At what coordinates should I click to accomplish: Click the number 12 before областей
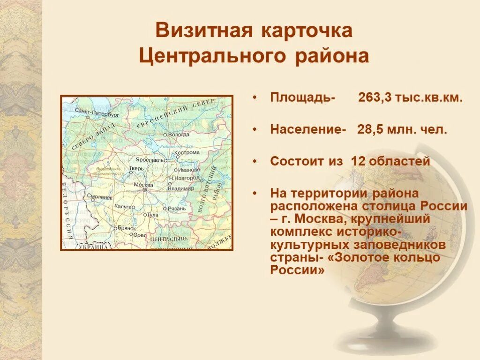click(x=358, y=162)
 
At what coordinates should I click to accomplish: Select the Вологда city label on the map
click(x=179, y=134)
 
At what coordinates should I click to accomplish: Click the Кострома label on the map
click(x=187, y=152)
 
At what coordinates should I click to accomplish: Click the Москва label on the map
click(x=143, y=184)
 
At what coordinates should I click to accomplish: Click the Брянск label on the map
click(x=126, y=228)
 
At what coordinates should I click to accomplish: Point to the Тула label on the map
click(x=153, y=215)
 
